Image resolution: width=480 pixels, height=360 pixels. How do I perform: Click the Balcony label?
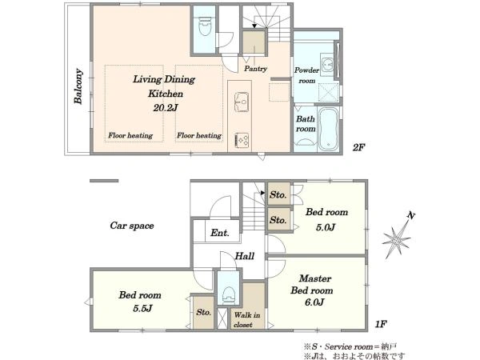pyautogui.click(x=78, y=86)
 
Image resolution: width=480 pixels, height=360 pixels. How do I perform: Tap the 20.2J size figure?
pyautogui.click(x=166, y=108)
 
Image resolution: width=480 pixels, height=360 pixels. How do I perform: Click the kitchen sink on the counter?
pyautogui.click(x=242, y=102)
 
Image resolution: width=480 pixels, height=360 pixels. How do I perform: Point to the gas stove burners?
pyautogui.click(x=242, y=140)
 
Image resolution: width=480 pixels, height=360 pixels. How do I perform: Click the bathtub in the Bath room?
pyautogui.click(x=328, y=129)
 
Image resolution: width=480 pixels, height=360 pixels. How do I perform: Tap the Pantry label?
pyautogui.click(x=255, y=69)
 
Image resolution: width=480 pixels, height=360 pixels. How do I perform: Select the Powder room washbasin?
pyautogui.click(x=328, y=65)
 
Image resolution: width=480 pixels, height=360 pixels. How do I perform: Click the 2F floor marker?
pyautogui.click(x=358, y=147)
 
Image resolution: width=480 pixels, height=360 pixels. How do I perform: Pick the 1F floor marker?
pyautogui.click(x=381, y=323)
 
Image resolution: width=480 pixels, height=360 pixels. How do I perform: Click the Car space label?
pyautogui.click(x=132, y=226)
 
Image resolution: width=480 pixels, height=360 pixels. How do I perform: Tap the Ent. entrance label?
pyautogui.click(x=220, y=233)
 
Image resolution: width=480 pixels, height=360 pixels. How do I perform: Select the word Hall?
pyautogui.click(x=245, y=256)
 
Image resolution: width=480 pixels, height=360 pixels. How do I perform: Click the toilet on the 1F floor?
pyautogui.click(x=228, y=295)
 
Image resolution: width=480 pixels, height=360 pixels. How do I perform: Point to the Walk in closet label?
pyautogui.click(x=246, y=319)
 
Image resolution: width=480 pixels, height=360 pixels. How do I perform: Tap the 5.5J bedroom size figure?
pyautogui.click(x=142, y=308)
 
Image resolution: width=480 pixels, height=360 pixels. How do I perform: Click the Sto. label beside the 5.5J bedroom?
pyautogui.click(x=203, y=312)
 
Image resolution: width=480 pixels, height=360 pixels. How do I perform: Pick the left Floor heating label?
pyautogui.click(x=130, y=135)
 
